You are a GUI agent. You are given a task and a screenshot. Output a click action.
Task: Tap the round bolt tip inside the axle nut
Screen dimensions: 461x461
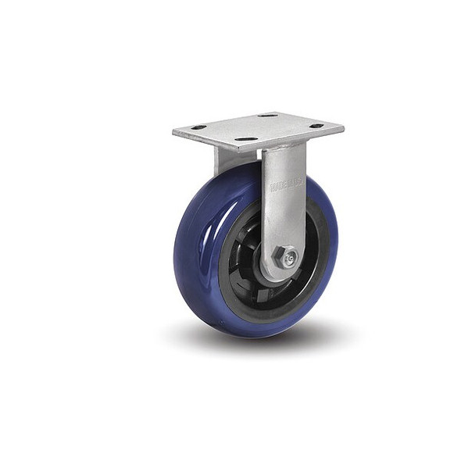[288, 257]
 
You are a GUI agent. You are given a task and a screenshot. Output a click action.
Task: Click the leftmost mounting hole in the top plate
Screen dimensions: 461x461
[198, 127]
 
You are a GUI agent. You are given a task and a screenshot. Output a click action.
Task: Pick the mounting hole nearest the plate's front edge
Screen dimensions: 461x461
[247, 140]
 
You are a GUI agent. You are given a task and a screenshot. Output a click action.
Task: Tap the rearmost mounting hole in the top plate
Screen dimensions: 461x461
[267, 115]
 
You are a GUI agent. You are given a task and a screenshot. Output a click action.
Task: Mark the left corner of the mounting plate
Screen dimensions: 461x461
[174, 130]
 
